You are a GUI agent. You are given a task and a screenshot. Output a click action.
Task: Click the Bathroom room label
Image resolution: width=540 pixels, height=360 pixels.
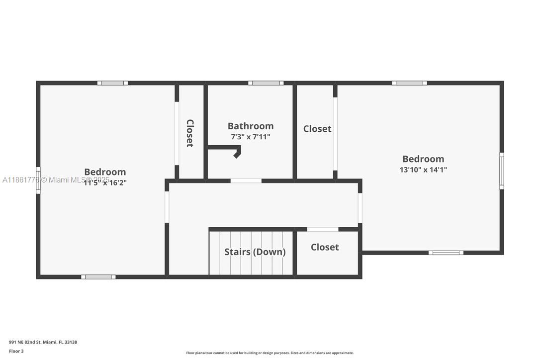[251, 126]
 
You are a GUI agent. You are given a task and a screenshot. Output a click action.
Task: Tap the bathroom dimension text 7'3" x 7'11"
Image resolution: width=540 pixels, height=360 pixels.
[251, 137]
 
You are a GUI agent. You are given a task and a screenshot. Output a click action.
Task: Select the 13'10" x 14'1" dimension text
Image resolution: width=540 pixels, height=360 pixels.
[423, 170]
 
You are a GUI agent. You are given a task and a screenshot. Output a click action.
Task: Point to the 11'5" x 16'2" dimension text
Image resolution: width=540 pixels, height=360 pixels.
[105, 182]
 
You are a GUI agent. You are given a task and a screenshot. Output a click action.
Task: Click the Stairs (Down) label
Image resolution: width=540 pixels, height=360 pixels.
[255, 252]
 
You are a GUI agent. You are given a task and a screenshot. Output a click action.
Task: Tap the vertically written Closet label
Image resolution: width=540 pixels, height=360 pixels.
[189, 133]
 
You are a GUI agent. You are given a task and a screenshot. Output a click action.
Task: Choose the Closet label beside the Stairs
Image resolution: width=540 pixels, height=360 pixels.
[325, 247]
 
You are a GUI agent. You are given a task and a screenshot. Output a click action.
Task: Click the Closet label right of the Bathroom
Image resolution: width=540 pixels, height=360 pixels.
[317, 129]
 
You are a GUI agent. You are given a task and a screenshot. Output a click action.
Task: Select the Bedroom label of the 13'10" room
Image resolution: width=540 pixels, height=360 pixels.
[423, 159]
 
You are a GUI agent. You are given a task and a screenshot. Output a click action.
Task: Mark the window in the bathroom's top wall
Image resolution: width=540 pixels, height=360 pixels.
[266, 83]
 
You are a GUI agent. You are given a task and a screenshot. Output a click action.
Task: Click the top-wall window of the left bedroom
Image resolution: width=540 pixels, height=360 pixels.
[112, 83]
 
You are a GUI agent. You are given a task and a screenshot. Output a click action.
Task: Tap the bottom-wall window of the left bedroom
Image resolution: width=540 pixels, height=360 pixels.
[98, 277]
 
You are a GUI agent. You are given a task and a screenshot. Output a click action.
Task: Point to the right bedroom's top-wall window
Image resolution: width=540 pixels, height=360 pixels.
[409, 83]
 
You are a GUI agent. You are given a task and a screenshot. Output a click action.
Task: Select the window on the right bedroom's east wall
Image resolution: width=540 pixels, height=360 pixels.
[502, 171]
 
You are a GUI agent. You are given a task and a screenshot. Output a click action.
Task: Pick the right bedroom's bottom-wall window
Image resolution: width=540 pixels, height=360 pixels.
[446, 253]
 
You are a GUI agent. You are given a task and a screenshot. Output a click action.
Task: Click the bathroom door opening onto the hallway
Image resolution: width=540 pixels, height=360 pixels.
[246, 180]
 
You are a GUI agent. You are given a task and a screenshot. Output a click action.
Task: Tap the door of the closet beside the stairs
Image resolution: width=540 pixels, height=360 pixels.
[323, 229]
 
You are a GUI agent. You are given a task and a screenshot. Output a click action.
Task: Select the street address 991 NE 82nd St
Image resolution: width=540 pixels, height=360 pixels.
[43, 342]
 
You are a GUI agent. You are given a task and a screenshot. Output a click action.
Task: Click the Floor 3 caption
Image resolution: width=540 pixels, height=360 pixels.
[16, 351]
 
